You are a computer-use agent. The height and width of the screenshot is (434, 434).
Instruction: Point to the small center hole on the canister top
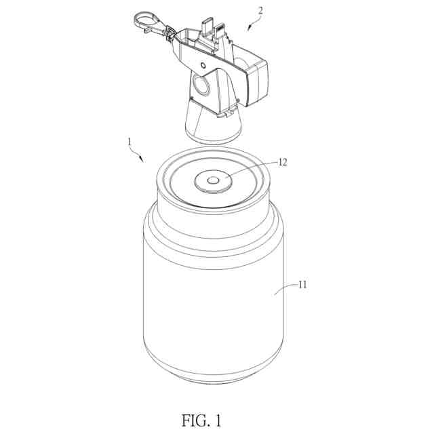pos(212,180)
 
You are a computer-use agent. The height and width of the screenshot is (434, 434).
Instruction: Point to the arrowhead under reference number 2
pos(248,26)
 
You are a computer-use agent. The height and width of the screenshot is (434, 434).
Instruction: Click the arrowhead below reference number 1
pos(142,159)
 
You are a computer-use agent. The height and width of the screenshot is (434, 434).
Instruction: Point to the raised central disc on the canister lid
pos(212,180)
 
